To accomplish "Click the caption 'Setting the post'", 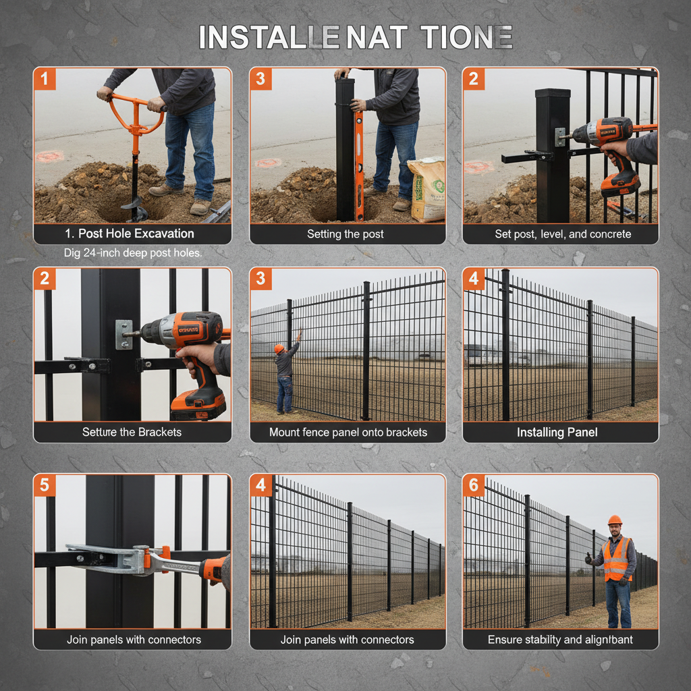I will [x=345, y=234].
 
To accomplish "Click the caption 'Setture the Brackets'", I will [x=132, y=432].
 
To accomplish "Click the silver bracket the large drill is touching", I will [x=123, y=335].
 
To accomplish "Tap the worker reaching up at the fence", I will [x=285, y=378].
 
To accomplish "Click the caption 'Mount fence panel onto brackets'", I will [x=348, y=432].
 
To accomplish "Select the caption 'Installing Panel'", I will [x=557, y=432].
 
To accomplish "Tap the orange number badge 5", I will [x=45, y=485].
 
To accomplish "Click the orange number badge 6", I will [x=474, y=485].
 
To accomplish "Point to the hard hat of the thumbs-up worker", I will [x=614, y=520].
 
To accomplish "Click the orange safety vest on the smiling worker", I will [x=616, y=559].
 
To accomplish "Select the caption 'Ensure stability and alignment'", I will [x=560, y=639].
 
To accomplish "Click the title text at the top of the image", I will [x=356, y=37].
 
